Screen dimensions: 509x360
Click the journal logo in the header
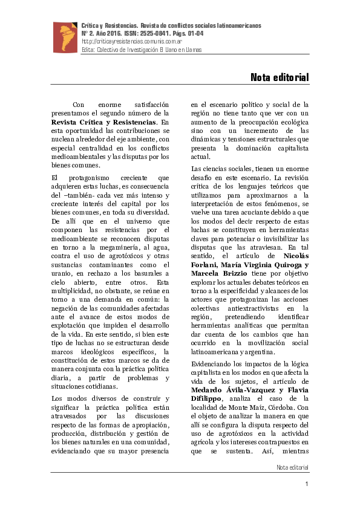(x=65, y=37)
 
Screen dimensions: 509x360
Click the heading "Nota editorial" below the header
(x=280, y=78)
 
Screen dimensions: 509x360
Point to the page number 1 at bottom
(x=307, y=485)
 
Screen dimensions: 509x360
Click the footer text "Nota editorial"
(x=292, y=467)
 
